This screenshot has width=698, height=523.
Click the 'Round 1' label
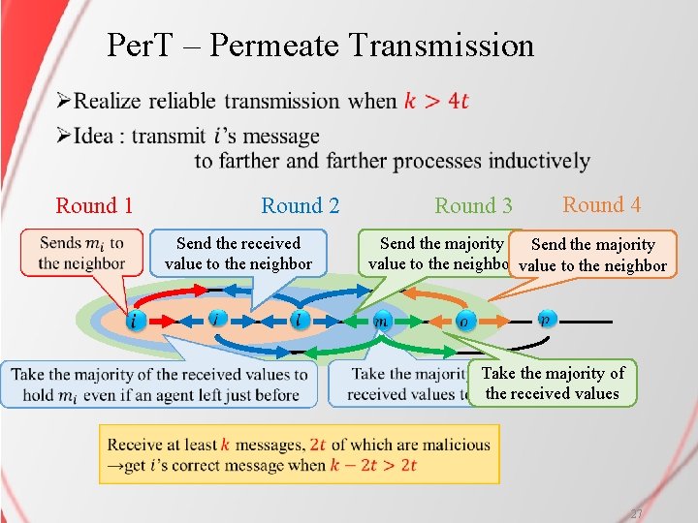[94, 205]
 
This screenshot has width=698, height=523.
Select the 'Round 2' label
[300, 205]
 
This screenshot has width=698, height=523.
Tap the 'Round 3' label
[473, 205]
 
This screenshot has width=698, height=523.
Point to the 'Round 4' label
[601, 204]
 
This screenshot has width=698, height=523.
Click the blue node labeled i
[134, 320]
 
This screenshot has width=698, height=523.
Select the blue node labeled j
[217, 319]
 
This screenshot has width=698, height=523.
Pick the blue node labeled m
[383, 321]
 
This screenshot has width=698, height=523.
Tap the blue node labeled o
[463, 322]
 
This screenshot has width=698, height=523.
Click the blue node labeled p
[546, 320]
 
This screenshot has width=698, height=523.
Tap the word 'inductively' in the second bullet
[539, 161]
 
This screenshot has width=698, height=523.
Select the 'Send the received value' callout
[238, 253]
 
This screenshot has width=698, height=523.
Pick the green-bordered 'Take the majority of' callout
[553, 383]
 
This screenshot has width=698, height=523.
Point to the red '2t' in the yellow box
[318, 445]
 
